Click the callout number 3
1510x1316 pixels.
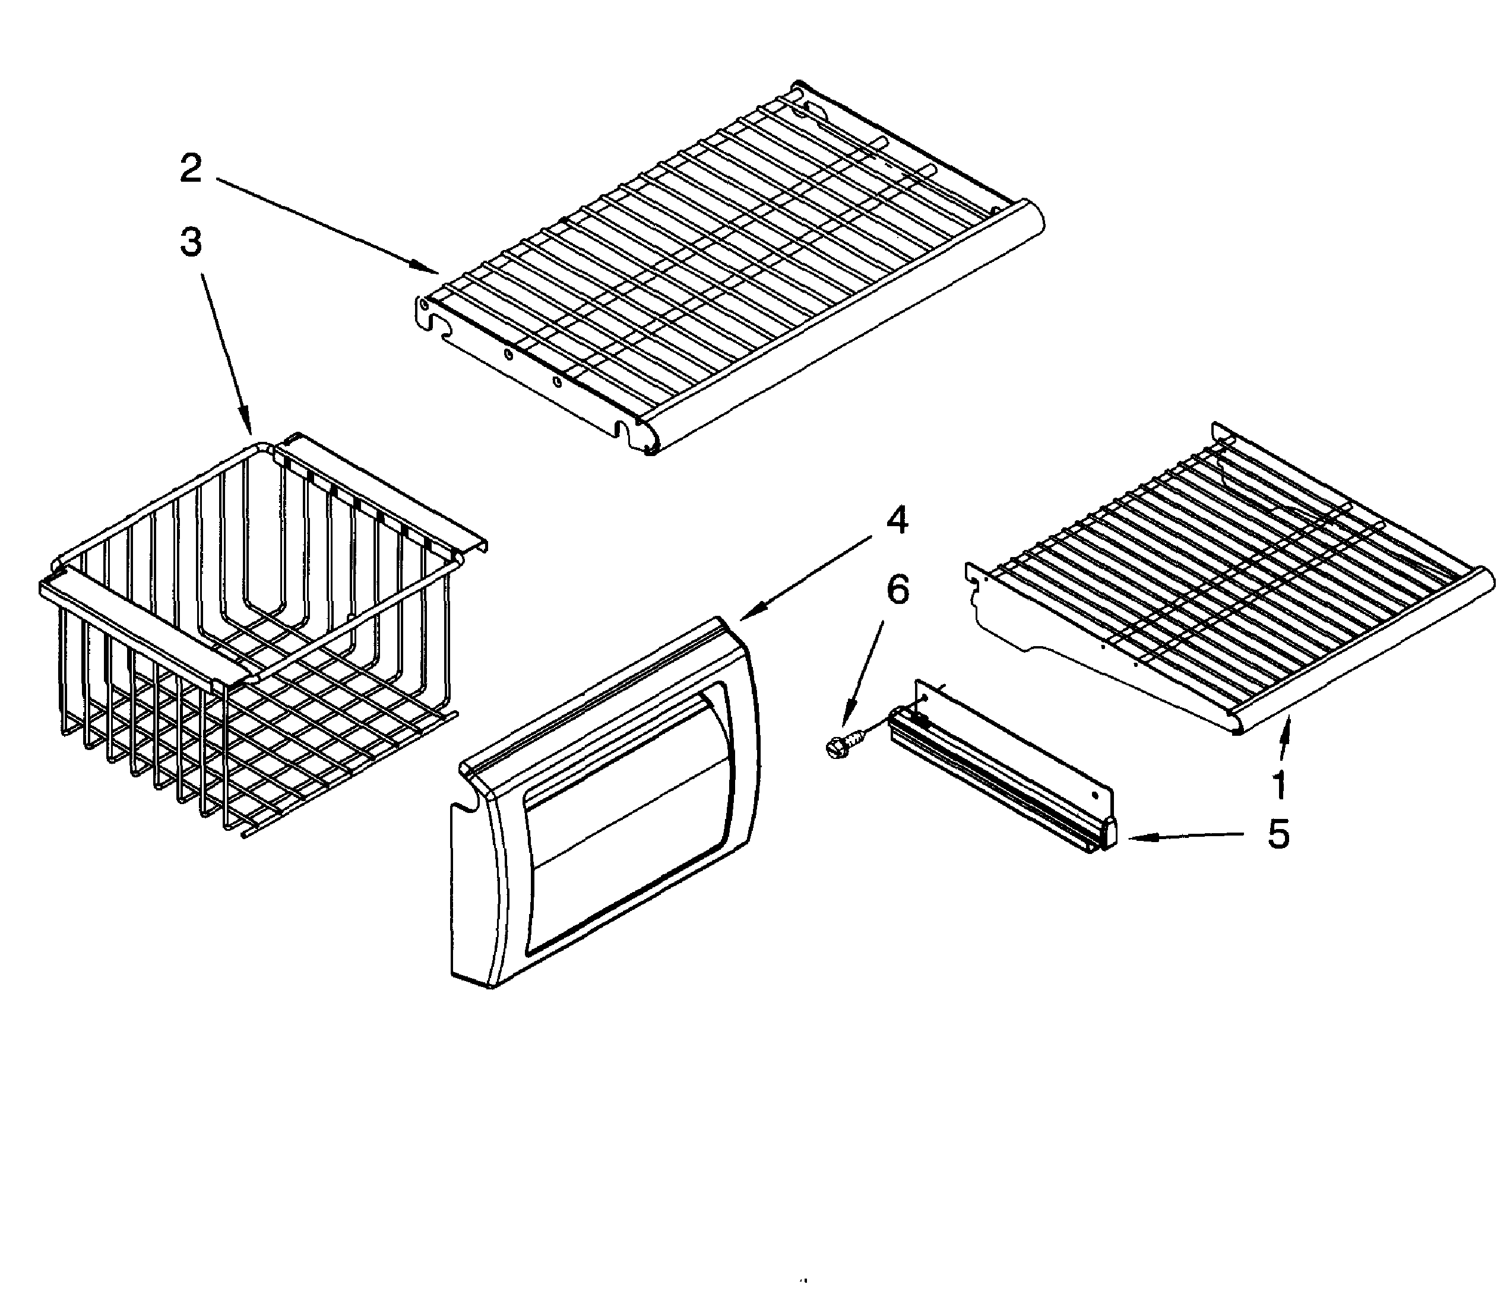(191, 242)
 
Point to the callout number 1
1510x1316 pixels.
(1279, 784)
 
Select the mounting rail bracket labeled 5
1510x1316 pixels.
(1006, 764)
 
